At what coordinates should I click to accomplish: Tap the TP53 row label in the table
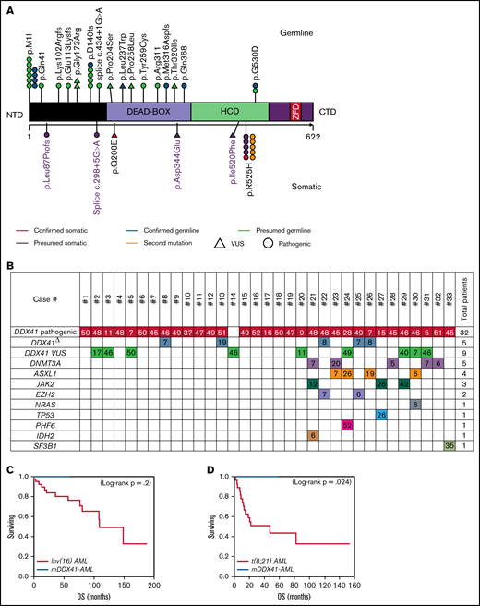coord(54,415)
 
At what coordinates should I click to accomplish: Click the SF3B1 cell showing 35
coord(449,445)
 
